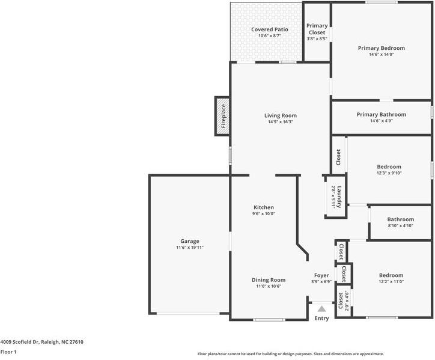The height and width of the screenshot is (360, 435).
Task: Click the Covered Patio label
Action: (270, 29)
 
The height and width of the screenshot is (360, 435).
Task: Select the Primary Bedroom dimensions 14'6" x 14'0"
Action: (381, 55)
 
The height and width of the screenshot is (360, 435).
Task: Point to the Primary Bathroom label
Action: (381, 114)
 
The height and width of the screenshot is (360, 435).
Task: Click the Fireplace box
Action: (222, 117)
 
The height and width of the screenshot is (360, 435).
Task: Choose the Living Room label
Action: (281, 115)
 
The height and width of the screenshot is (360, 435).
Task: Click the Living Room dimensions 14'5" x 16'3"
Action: (281, 122)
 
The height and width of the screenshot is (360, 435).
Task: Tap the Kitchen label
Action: (263, 207)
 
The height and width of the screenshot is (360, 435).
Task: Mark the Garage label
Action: (190, 241)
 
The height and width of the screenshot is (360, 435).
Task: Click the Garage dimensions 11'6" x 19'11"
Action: (190, 248)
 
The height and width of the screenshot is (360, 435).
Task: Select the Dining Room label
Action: (268, 279)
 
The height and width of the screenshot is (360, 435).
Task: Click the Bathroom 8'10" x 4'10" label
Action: (400, 220)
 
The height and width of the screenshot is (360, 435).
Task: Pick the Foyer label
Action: (321, 275)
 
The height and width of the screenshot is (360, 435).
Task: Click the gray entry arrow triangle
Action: (321, 308)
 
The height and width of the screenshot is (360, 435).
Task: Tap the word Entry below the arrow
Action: (321, 319)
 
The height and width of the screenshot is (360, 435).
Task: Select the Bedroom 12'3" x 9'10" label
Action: (389, 166)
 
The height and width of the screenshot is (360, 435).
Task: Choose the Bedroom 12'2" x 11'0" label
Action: (391, 275)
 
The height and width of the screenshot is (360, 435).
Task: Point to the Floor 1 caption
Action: (8, 352)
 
